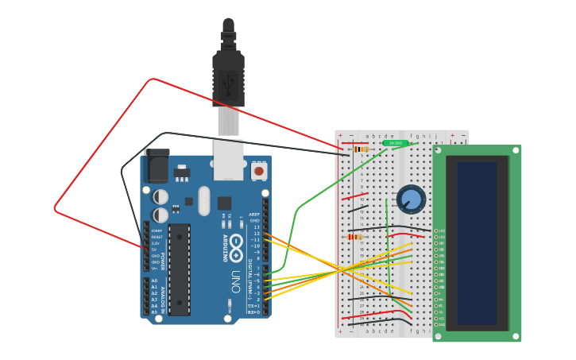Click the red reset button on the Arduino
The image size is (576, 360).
tap(258, 170)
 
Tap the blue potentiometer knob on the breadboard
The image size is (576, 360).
tap(411, 199)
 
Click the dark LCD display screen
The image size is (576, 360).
tap(477, 243)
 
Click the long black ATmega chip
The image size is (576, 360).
tap(180, 269)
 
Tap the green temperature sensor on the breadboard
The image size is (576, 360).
tap(395, 143)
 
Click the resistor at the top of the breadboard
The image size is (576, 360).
tap(361, 149)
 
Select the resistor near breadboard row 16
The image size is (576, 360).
tap(354, 236)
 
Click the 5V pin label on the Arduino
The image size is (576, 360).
tap(155, 249)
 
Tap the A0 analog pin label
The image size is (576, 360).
tap(154, 281)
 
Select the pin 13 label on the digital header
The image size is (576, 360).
tap(256, 226)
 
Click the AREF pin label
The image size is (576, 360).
tap(254, 214)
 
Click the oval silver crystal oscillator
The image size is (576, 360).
tap(204, 200)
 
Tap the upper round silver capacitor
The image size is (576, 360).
tap(160, 196)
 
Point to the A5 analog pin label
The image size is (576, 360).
tap(154, 312)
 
